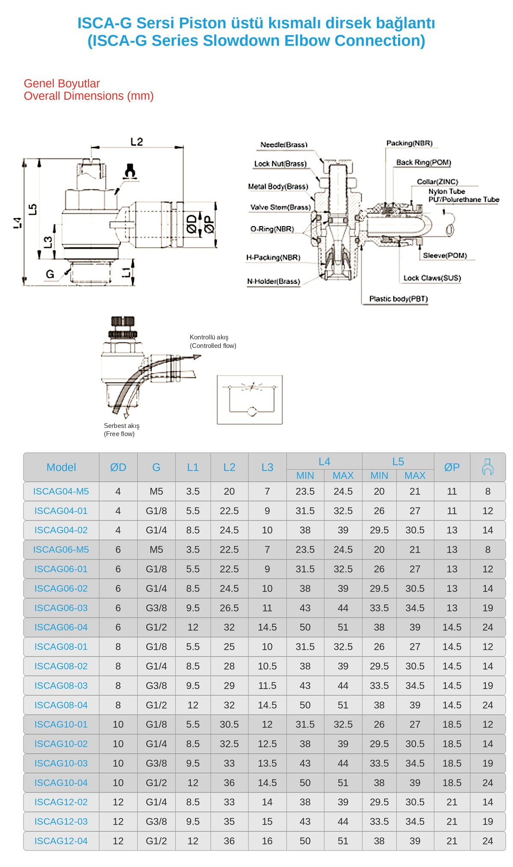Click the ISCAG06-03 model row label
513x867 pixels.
point(61,608)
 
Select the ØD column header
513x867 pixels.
point(118,467)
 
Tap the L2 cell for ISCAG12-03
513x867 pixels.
point(229,821)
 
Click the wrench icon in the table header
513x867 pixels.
point(487,467)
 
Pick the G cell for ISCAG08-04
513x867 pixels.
point(156,705)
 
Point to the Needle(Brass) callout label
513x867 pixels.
point(284,145)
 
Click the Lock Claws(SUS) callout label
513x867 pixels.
point(432,278)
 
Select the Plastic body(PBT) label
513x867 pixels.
point(398,299)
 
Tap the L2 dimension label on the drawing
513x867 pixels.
point(137,142)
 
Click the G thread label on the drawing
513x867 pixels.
point(50,274)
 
